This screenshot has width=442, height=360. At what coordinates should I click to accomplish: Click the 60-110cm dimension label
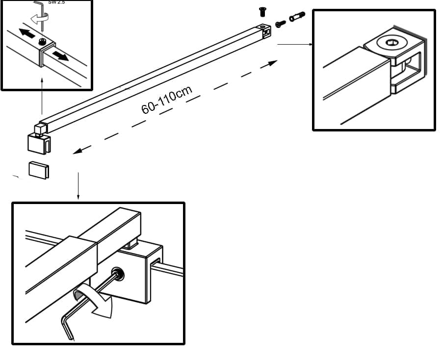[166, 100]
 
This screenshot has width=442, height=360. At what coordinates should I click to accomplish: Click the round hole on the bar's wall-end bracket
[263, 28]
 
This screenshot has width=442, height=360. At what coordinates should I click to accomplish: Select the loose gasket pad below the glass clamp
[39, 170]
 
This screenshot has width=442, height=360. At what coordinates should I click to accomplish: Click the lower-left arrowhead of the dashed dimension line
[77, 152]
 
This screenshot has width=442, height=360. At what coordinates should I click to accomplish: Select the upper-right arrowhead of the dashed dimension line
[273, 62]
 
